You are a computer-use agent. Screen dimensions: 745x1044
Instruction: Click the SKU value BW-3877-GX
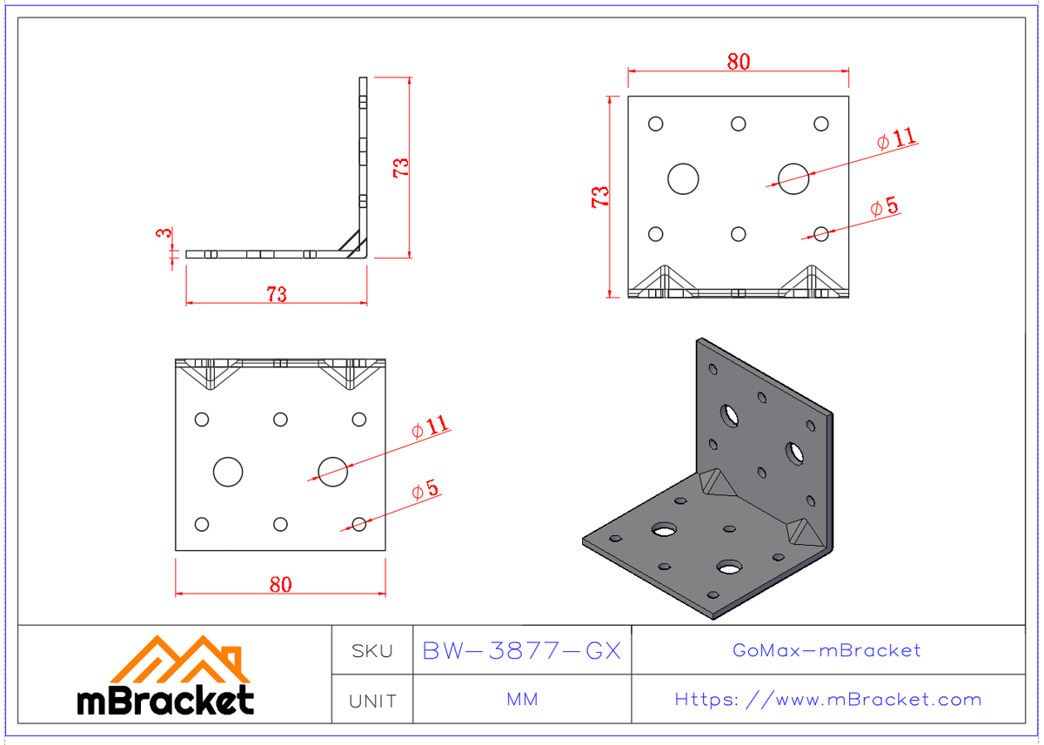point(521,651)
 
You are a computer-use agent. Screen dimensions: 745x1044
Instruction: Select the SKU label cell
point(371,651)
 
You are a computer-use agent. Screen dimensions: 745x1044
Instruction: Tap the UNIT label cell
point(371,701)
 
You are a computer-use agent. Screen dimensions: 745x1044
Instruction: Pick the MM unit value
point(521,700)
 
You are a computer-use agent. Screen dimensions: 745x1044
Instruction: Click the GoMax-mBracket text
point(826,650)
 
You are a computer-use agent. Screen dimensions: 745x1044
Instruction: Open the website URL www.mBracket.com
point(827,700)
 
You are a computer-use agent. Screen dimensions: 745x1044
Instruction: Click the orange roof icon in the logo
point(183,661)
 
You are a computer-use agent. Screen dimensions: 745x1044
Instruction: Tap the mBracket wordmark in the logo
point(165,700)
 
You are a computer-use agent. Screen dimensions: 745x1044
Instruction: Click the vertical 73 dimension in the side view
point(402,166)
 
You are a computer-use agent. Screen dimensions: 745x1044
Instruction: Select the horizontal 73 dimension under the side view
point(276,294)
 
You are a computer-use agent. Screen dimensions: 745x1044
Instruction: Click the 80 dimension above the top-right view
point(738,62)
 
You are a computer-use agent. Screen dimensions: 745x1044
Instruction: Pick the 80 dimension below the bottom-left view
point(280,585)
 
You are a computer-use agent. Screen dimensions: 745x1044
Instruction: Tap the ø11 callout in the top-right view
point(896,138)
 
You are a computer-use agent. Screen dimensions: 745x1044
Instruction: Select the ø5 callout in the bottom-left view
point(425,490)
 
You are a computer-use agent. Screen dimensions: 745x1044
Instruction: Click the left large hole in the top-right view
point(683,178)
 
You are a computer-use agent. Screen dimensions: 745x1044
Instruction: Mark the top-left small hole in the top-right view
point(656,124)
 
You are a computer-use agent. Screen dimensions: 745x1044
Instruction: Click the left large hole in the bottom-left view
point(228,472)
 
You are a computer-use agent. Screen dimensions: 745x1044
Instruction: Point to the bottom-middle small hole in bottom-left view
point(280,524)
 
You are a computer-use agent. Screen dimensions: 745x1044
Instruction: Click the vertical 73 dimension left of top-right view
point(600,196)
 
